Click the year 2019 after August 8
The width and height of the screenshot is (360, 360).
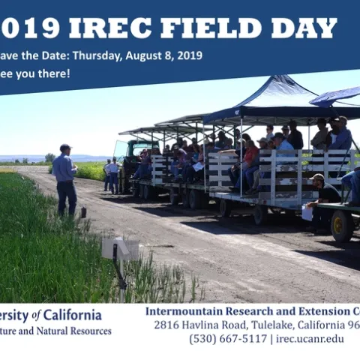coord(190,55)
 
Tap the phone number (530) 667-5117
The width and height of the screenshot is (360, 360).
coord(227,338)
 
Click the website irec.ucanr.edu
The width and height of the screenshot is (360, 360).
coord(310,338)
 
